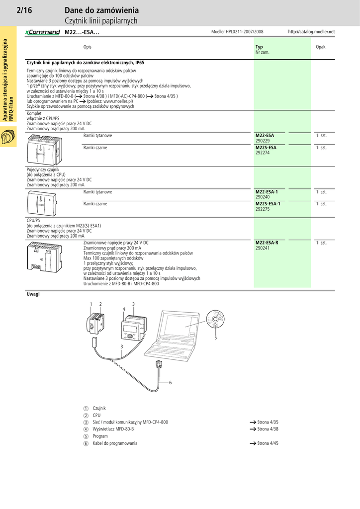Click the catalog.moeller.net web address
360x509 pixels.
click(311, 32)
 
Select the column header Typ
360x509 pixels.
click(259, 47)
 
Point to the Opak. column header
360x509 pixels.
click(321, 47)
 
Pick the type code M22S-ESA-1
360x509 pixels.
click(268, 204)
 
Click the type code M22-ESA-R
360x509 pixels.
click(267, 243)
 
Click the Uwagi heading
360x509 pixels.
click(33, 294)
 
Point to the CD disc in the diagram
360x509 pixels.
click(215, 318)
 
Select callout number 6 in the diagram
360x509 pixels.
click(170, 382)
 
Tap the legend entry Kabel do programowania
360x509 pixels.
click(115, 443)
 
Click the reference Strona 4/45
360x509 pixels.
click(268, 443)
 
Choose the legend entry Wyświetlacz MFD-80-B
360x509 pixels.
click(113, 429)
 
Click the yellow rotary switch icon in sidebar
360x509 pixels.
click(8, 137)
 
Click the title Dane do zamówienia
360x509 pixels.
click(101, 10)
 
